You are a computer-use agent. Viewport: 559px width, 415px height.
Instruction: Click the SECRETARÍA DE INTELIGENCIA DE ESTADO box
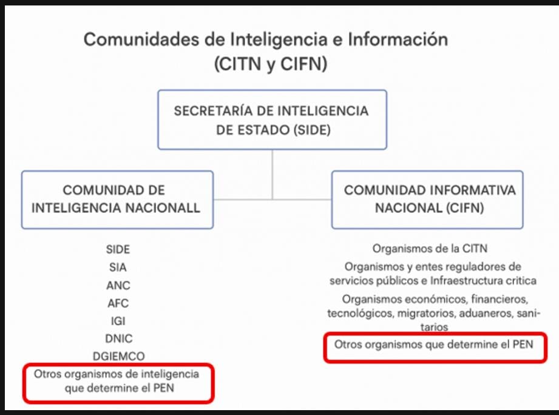click(273, 120)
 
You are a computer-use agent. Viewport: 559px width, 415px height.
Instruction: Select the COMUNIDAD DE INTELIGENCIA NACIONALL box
click(117, 200)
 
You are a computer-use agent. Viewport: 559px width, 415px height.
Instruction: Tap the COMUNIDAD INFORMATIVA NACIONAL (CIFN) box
click(427, 200)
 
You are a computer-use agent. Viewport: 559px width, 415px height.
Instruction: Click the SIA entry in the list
click(118, 267)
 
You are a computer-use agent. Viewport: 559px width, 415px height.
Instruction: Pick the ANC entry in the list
click(118, 285)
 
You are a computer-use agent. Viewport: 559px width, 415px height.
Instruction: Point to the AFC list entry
click(118, 303)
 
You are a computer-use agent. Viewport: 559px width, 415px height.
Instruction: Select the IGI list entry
click(118, 321)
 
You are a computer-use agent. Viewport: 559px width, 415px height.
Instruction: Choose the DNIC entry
click(119, 339)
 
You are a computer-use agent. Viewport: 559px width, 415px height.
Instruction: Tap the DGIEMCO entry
click(119, 356)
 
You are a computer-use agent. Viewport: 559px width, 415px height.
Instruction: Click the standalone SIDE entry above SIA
click(118, 249)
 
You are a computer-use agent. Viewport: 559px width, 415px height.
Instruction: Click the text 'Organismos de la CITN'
click(430, 248)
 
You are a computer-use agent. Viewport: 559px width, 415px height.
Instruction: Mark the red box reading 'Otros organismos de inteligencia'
click(118, 383)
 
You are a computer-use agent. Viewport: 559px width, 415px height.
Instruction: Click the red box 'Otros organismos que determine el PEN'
click(435, 348)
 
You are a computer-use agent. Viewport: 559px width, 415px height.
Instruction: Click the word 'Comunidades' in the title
click(141, 39)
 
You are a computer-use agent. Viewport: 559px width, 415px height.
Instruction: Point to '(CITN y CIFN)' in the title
click(271, 64)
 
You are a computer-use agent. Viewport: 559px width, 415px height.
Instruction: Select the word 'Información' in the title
click(398, 39)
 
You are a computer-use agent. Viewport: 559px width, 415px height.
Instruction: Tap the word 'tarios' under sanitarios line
click(434, 327)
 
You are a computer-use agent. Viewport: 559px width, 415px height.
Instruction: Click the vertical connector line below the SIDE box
click(273, 175)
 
